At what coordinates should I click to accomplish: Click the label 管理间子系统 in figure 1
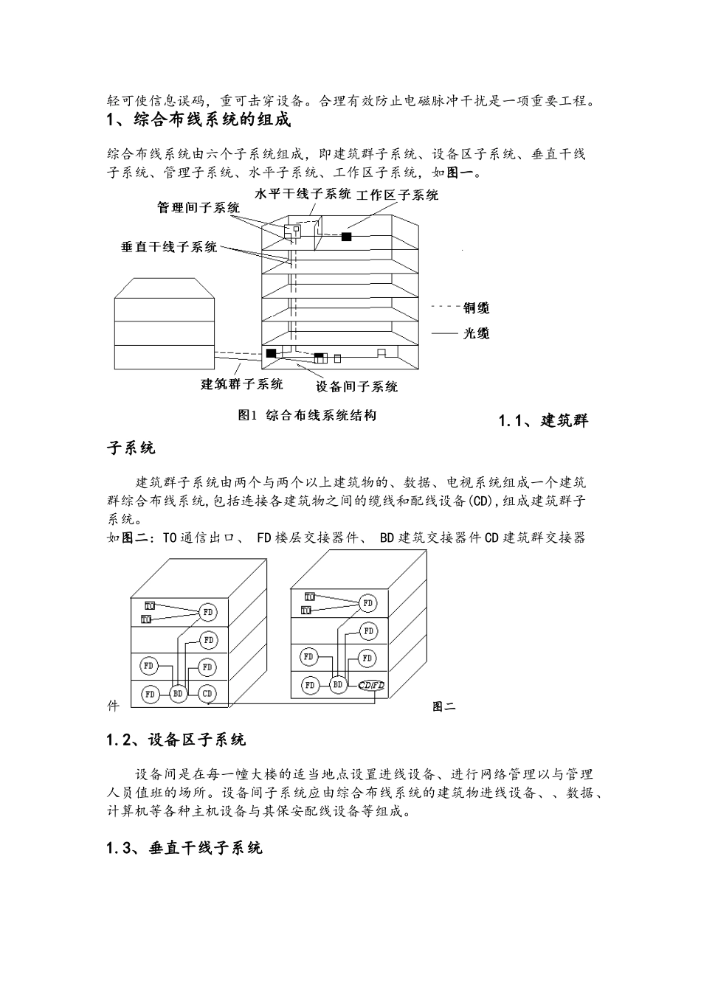198,208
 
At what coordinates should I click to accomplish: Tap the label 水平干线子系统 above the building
303,194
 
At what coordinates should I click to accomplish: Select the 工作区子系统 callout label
397,195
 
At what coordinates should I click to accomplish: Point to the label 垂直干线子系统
169,247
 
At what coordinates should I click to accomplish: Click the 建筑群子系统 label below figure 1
242,383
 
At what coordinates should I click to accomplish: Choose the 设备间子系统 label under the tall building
357,386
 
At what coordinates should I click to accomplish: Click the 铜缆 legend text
476,307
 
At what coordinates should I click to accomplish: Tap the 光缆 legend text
476,333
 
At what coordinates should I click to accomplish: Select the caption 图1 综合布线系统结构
307,415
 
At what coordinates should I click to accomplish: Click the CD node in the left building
207,693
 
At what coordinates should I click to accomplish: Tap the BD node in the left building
178,693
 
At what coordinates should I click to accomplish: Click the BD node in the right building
337,685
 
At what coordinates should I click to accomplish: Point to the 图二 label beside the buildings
443,706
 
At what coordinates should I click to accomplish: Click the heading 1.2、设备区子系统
176,740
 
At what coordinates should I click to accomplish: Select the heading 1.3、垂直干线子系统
184,848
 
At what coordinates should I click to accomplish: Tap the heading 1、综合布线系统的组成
199,119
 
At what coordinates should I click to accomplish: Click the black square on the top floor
346,237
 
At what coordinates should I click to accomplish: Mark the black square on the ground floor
271,353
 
